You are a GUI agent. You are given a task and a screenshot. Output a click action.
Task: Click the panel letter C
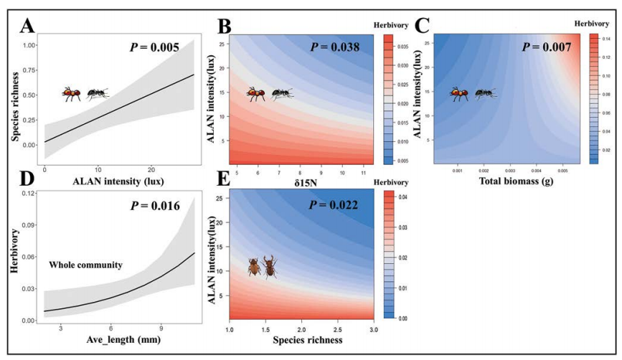point(423,27)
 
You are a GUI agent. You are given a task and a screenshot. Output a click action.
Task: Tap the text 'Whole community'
point(85,265)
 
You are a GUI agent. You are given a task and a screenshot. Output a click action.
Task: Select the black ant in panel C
point(486,93)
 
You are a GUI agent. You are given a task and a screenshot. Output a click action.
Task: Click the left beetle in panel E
point(254,267)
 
